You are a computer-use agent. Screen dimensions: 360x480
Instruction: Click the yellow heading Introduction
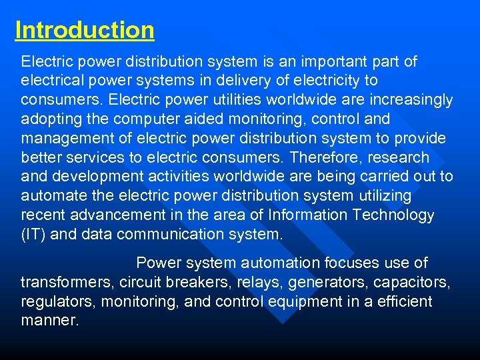pos(85,31)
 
